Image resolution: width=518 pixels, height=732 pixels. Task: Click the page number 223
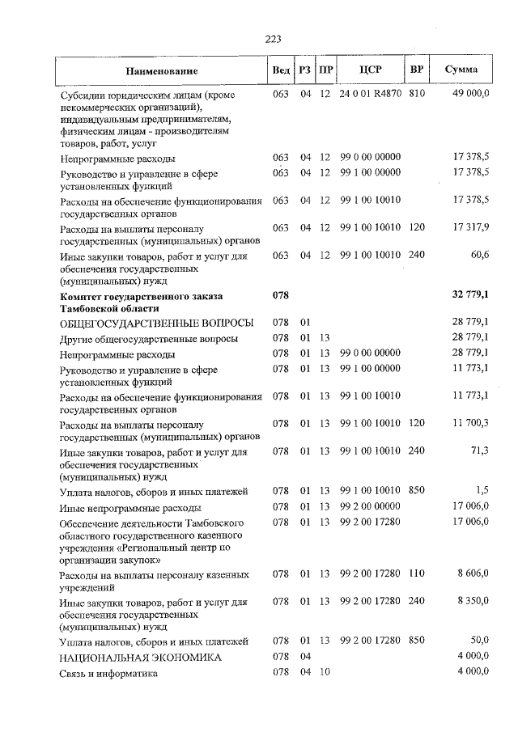click(x=271, y=38)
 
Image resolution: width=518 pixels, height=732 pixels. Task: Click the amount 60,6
click(x=477, y=256)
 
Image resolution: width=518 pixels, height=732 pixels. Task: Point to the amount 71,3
click(x=477, y=451)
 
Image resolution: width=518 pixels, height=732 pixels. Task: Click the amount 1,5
click(x=482, y=491)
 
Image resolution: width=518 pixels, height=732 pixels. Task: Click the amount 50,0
click(x=477, y=641)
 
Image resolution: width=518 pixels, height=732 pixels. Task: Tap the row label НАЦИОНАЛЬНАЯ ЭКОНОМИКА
click(x=140, y=658)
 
